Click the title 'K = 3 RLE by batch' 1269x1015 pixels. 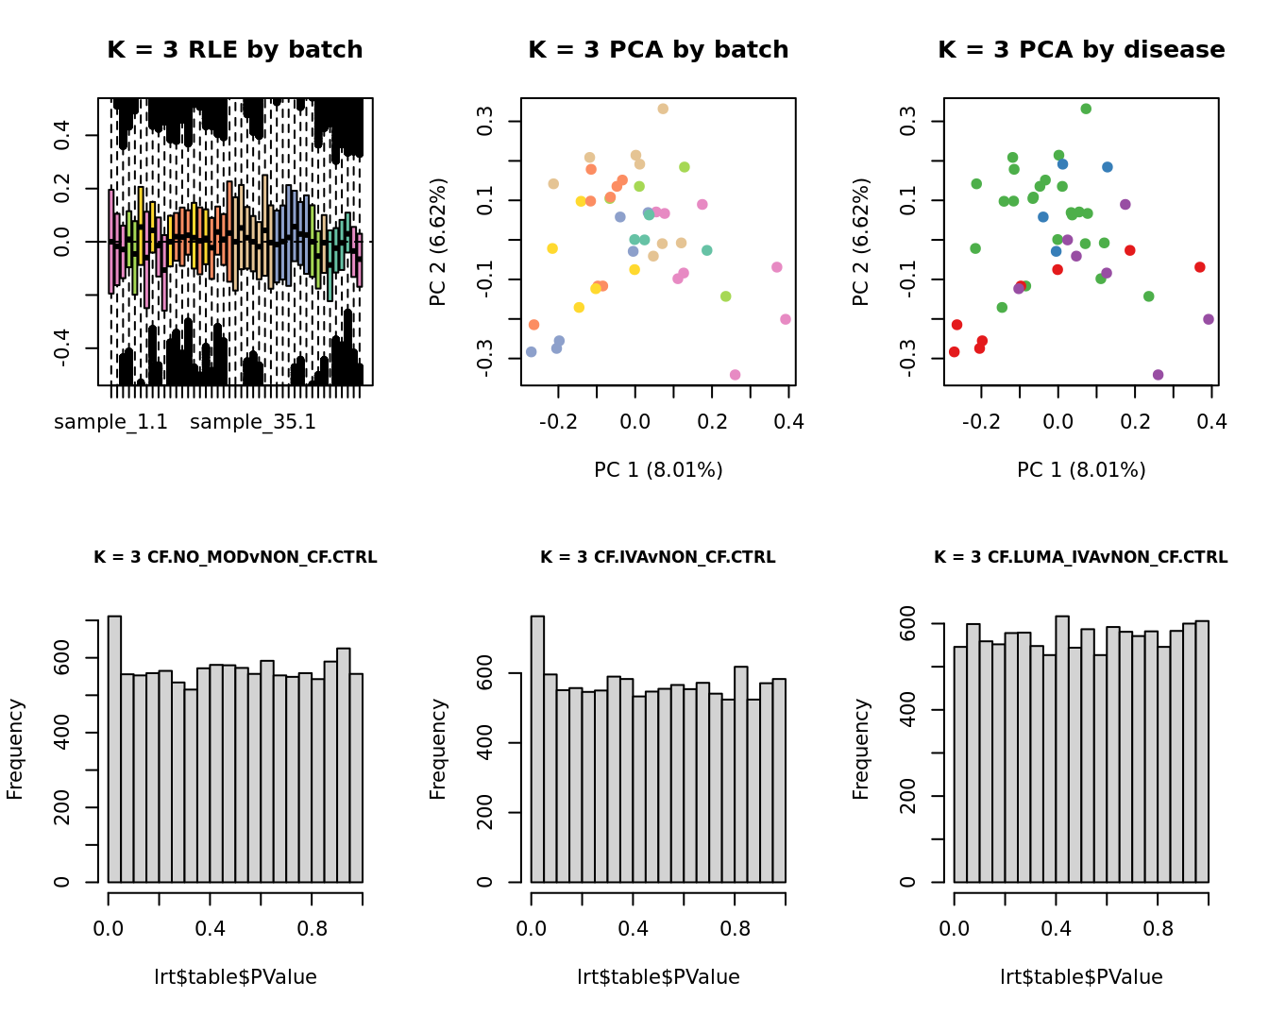235,50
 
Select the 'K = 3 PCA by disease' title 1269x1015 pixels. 1081,50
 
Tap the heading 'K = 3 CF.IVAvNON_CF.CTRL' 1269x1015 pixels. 658,557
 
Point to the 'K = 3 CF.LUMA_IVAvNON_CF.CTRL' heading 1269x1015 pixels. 1081,557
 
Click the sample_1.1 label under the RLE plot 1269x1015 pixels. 110,422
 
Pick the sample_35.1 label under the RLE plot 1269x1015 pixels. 253,422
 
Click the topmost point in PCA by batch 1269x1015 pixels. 663,110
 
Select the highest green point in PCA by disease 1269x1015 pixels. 1086,110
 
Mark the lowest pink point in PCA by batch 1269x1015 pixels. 735,375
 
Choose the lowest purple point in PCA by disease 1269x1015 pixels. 1158,375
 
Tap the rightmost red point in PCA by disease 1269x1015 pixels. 1199,267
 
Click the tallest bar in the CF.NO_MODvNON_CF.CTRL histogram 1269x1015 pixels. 114,749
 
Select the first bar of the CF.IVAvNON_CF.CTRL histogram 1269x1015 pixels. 537,749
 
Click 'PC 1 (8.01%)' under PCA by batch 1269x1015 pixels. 658,469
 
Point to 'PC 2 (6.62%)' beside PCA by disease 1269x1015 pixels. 860,242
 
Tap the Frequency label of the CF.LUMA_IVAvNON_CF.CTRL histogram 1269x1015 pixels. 860,749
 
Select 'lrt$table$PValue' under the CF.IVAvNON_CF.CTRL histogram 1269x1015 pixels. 658,977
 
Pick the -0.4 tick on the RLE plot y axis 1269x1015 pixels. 62,348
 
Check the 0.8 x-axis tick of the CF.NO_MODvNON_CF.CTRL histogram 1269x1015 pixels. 313,928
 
